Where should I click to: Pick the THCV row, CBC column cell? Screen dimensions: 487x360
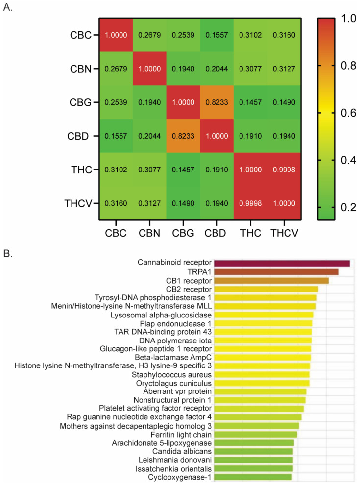point(116,202)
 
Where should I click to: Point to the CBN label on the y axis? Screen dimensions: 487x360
point(80,68)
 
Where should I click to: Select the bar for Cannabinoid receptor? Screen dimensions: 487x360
point(282,263)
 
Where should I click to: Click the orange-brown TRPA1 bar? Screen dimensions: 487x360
point(276,272)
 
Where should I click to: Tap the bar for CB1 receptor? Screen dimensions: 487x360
point(271,281)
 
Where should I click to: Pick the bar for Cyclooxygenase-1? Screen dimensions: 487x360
point(253,477)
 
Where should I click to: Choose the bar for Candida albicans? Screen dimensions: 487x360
point(253,451)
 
